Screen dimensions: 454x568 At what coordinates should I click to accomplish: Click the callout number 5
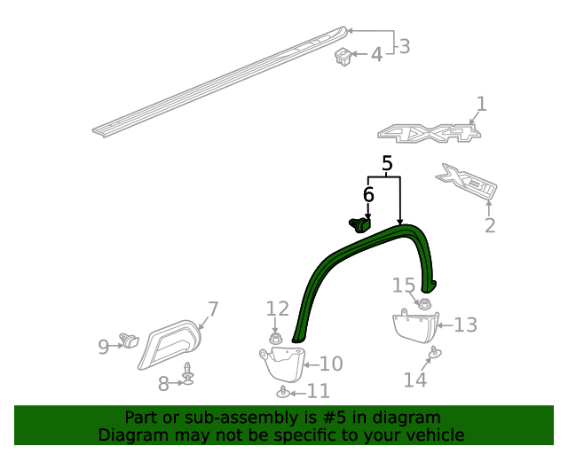[387, 164]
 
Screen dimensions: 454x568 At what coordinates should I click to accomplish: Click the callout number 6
[368, 194]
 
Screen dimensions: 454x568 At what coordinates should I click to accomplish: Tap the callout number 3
[404, 46]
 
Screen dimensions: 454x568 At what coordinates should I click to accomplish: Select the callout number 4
[376, 55]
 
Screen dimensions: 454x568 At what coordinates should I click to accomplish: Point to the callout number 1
[481, 105]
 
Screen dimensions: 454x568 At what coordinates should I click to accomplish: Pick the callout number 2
[490, 226]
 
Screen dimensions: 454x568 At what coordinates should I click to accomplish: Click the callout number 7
[213, 309]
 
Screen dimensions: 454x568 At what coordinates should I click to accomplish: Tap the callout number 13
[465, 325]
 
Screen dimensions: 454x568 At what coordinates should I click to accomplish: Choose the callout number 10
[330, 364]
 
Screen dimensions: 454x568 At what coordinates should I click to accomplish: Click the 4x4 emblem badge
[430, 134]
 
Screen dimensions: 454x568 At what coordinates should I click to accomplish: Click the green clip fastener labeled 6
[359, 223]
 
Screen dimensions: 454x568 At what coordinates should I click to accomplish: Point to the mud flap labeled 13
[414, 326]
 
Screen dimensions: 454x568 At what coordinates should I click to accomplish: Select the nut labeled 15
[424, 304]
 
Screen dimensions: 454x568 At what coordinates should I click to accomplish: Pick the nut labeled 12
[275, 337]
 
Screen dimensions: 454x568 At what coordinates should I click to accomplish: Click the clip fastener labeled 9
[131, 340]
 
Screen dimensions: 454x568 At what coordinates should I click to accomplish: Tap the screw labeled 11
[282, 392]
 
